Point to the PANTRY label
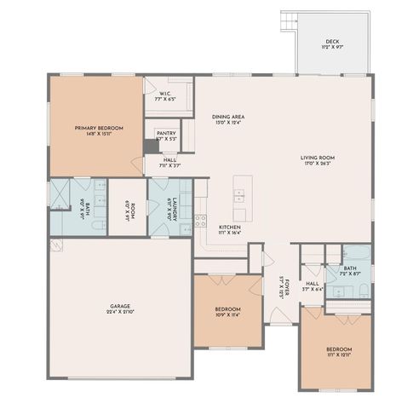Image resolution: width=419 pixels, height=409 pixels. pos(166,134)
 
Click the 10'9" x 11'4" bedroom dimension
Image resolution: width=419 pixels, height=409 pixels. pos(227,314)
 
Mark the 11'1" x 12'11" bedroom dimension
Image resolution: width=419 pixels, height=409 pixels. pos(338,355)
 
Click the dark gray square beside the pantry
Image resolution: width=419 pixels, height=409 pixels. pos(151,146)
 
